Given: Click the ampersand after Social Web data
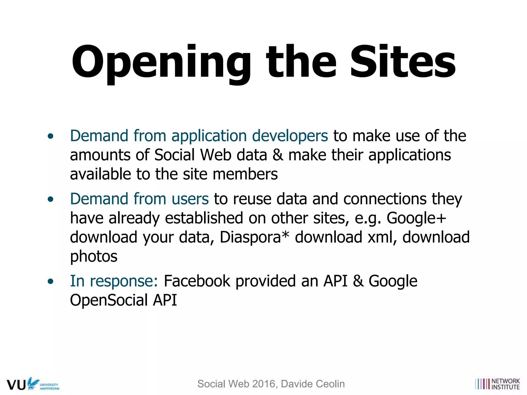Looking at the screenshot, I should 278,155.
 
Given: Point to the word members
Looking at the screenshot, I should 245,174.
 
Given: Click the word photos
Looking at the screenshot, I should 94,256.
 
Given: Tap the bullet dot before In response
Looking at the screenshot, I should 51,281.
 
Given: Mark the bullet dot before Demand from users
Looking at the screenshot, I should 51,199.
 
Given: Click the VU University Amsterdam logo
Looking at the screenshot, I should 33,384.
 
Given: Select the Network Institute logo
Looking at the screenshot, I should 497,384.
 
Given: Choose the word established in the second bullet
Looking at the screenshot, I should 204,218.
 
